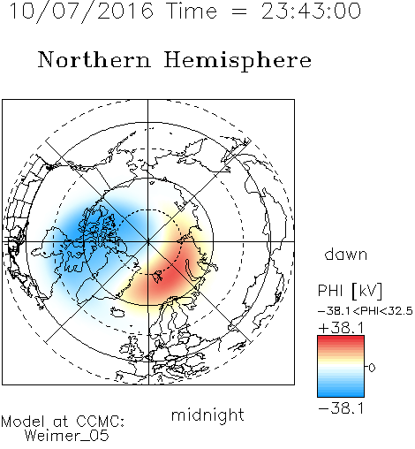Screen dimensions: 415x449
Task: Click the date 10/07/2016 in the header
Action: (81, 11)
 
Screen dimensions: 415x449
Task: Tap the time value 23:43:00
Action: (311, 11)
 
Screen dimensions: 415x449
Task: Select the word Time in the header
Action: (192, 11)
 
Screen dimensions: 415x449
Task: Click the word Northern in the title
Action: (94, 59)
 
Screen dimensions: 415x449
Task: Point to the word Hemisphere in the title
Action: (238, 61)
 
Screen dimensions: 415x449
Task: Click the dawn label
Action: (346, 254)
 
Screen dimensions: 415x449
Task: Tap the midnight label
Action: (207, 415)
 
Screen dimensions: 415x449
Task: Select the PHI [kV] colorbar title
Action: (350, 291)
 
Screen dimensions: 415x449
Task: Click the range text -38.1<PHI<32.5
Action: (366, 311)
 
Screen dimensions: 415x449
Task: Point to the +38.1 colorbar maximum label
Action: (342, 328)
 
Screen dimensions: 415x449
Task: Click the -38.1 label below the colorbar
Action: (342, 408)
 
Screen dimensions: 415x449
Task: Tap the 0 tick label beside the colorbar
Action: (372, 368)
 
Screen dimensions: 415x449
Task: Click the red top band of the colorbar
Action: (341, 342)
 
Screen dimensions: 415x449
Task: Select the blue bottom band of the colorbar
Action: (341, 391)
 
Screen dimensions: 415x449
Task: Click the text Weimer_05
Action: (67, 436)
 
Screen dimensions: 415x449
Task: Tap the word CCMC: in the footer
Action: (101, 422)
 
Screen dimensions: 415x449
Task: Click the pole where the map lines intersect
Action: (148, 242)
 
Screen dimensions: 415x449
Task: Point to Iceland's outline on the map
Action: (117, 312)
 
